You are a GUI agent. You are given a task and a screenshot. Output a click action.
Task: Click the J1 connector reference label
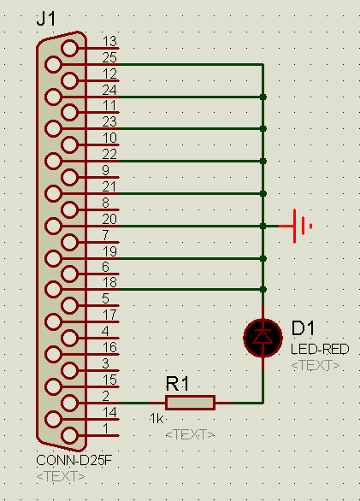click(x=46, y=19)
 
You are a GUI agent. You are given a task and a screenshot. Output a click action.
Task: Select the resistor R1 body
click(x=190, y=403)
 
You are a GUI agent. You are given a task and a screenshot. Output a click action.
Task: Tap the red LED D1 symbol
click(x=263, y=338)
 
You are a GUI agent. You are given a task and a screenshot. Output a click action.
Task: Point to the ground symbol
click(x=299, y=226)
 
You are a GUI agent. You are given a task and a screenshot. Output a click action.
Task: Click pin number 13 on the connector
click(x=109, y=42)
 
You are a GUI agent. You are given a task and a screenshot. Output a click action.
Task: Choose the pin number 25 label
click(x=109, y=57)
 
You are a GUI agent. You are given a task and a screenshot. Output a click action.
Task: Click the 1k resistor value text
click(x=156, y=418)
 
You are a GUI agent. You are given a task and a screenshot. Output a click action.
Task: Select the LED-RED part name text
click(x=320, y=349)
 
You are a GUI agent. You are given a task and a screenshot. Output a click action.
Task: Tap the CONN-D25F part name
click(x=74, y=461)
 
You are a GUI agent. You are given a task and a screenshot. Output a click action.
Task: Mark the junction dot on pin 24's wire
click(x=263, y=97)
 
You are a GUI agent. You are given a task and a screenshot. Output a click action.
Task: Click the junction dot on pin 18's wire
click(x=263, y=290)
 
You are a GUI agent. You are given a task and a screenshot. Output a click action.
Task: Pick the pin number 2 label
click(x=106, y=396)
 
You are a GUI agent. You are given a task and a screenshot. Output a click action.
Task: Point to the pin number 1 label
click(x=106, y=428)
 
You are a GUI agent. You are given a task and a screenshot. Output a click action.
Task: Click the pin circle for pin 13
click(x=69, y=48)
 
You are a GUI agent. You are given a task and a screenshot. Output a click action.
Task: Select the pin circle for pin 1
click(x=69, y=435)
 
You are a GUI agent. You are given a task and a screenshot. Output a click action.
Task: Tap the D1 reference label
click(x=303, y=328)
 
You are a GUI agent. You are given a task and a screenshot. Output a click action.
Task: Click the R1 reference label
click(x=178, y=383)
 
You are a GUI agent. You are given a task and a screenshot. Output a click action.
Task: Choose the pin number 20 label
click(x=109, y=219)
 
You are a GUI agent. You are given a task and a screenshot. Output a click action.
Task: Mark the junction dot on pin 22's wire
click(x=263, y=162)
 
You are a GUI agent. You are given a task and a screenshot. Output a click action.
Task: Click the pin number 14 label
click(x=109, y=412)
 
